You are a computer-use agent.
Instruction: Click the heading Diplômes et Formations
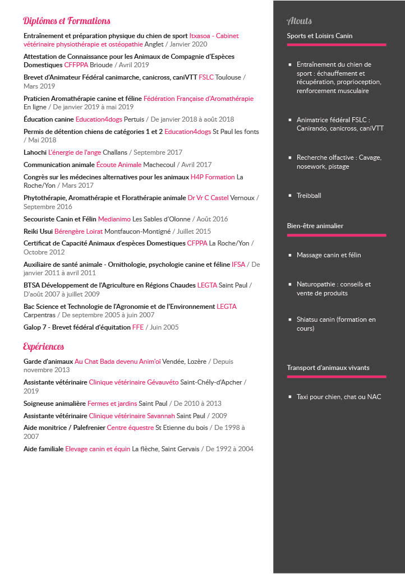tap(67, 21)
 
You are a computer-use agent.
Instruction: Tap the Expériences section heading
tap(44, 346)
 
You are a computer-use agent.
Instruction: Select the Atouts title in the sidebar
tap(299, 21)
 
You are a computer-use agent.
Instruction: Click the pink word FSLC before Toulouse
tap(206, 77)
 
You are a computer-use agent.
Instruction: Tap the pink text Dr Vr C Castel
tap(208, 198)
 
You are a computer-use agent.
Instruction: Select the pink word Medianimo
tap(114, 219)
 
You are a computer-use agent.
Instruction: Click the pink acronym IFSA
tap(238, 264)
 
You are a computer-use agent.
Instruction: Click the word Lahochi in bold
tap(35, 152)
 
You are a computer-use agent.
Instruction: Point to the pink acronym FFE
tap(138, 327)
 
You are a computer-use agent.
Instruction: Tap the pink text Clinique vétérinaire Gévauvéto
tap(134, 382)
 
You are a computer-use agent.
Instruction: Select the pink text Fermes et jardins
tap(112, 404)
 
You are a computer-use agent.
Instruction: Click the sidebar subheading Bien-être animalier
tap(315, 226)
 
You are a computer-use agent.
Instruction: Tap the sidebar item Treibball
tap(309, 196)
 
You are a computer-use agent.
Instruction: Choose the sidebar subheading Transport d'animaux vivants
tap(328, 368)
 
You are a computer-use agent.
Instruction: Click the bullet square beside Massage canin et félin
tap(290, 256)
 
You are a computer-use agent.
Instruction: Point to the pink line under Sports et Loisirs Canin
tap(337, 44)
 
